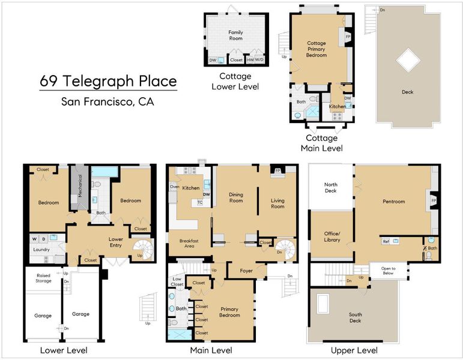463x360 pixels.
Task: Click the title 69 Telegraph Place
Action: [x=108, y=81]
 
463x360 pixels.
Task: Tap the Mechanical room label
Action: [x=80, y=185]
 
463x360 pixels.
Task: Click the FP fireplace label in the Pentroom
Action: [x=434, y=200]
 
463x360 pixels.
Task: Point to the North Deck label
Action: [x=331, y=188]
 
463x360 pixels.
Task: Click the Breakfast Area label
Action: [x=189, y=244]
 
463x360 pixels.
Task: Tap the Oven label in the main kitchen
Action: [x=175, y=187]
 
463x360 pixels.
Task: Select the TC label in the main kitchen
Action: [x=200, y=202]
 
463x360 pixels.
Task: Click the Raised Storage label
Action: [x=43, y=278]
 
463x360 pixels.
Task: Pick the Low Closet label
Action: [x=177, y=281]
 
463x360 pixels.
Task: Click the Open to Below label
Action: [x=388, y=271]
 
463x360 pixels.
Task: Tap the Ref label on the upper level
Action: [x=386, y=241]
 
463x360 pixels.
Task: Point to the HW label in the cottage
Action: [x=250, y=60]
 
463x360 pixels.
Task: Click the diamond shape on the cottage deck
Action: [x=408, y=60]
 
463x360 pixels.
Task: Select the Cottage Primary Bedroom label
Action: [x=316, y=49]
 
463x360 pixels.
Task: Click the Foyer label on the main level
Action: [x=246, y=271]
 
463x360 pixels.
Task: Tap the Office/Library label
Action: [x=332, y=236]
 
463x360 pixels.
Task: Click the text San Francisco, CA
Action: [x=107, y=101]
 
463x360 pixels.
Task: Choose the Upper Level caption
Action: [x=354, y=350]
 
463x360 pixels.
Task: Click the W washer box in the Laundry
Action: [x=35, y=239]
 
